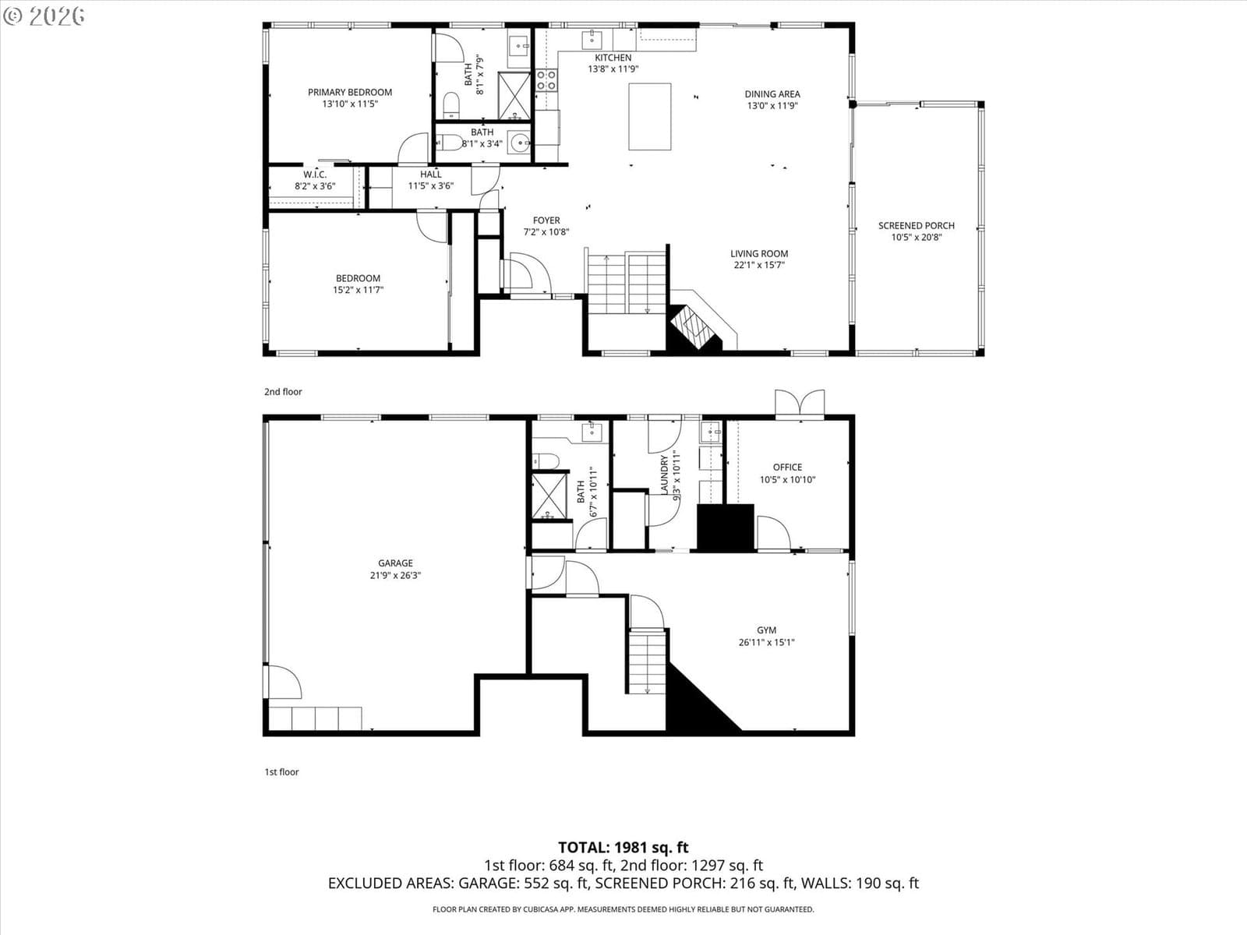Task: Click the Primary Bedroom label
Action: coord(350,92)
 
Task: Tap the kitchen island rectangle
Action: coord(649,117)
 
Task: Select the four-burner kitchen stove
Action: coord(546,80)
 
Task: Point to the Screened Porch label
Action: coord(917,225)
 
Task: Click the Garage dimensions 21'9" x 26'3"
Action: coord(395,575)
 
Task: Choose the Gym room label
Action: coord(766,630)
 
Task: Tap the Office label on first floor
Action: coord(787,467)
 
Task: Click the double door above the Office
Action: coord(800,404)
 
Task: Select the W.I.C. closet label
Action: coord(315,175)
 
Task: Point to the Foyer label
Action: coord(546,221)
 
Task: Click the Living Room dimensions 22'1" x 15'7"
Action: coord(760,265)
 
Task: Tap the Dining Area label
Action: coord(772,94)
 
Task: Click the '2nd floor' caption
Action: coord(283,392)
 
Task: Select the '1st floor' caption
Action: coord(282,772)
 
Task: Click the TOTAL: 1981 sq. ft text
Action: coord(623,848)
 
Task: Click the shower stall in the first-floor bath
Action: coord(549,496)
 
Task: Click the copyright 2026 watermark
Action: coord(44,16)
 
